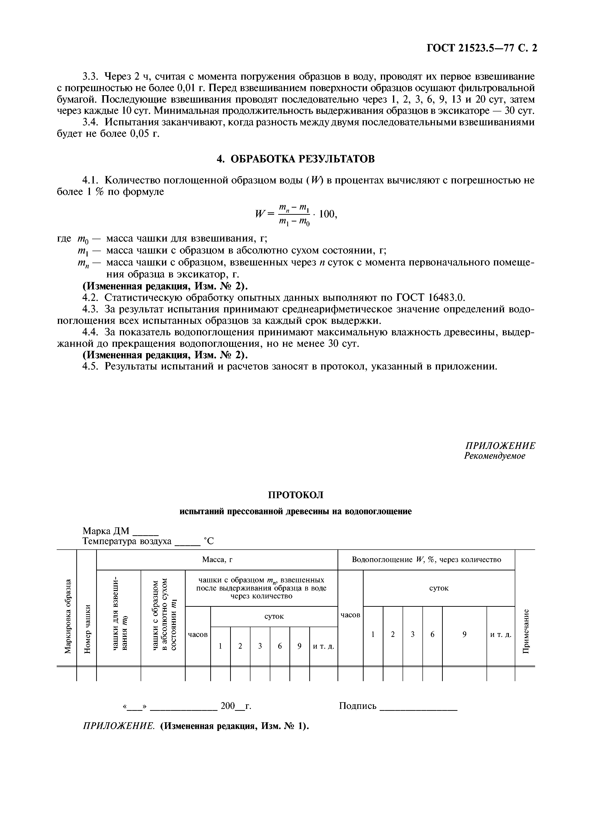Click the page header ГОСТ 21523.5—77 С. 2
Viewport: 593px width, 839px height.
click(x=482, y=48)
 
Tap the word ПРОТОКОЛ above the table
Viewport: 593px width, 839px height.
click(x=296, y=495)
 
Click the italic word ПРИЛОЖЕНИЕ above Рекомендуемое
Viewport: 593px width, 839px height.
click(x=500, y=446)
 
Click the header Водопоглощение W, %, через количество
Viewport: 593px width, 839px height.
click(x=426, y=559)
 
